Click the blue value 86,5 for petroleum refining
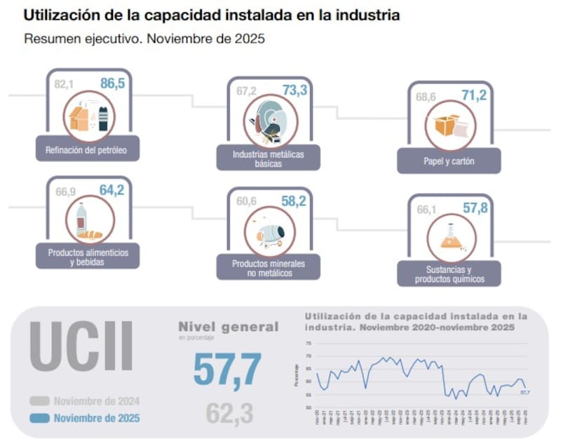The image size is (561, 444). (112, 84)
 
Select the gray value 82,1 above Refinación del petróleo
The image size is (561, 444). (65, 85)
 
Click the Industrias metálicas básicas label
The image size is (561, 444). (269, 159)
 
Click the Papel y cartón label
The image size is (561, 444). (450, 161)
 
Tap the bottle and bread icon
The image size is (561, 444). (88, 222)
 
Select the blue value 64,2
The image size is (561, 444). (111, 190)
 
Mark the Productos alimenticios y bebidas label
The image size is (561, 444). (88, 256)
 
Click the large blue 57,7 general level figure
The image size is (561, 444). (227, 370)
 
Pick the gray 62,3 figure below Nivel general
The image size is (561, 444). (229, 414)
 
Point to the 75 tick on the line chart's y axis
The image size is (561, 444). (309, 344)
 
